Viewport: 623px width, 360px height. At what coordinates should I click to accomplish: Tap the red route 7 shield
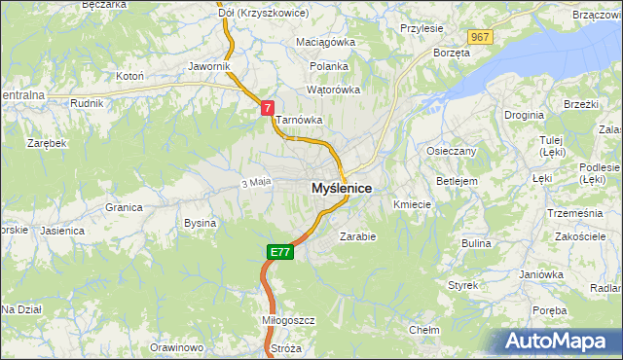[267, 109]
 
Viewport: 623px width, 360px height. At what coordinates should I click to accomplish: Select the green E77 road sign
[279, 252]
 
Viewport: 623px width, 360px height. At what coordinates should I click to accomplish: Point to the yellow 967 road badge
[479, 37]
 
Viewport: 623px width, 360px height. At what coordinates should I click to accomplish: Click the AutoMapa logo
[561, 341]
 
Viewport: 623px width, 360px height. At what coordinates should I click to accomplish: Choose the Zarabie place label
[357, 235]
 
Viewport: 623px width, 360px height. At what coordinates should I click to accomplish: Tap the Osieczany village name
[451, 151]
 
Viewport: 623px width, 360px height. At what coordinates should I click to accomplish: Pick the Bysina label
[200, 223]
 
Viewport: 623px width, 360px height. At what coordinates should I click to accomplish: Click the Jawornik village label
[209, 66]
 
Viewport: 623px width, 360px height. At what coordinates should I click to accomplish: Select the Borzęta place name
[452, 53]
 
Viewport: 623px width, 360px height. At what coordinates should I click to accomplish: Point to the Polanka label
[329, 66]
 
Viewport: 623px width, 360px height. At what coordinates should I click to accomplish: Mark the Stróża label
[286, 347]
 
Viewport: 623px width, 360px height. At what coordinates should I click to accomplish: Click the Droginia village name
[524, 115]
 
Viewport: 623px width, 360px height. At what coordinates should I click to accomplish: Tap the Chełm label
[423, 330]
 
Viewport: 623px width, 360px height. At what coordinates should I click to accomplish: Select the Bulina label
[476, 242]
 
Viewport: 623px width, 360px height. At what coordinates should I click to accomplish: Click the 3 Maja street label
[254, 182]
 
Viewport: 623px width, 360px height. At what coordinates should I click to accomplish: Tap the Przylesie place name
[421, 29]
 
